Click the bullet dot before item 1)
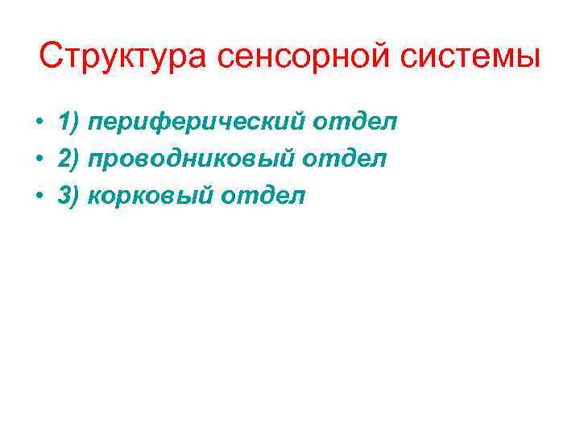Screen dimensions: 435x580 point(39,123)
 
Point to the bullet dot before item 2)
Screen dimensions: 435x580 point(39,159)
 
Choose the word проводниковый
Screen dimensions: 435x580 point(193,158)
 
